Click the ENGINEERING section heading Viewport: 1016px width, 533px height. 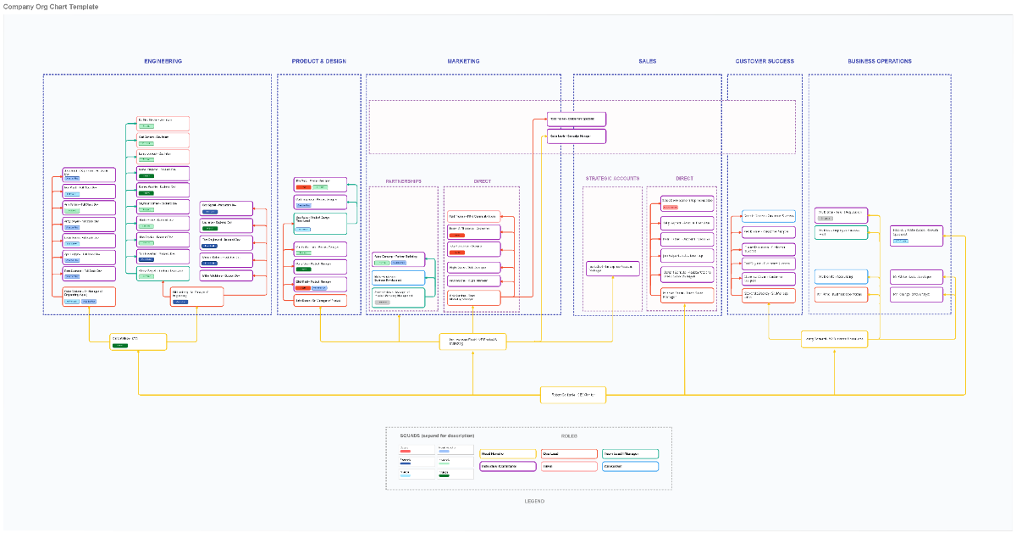pyautogui.click(x=163, y=61)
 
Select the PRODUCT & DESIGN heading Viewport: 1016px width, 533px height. pyautogui.click(x=319, y=61)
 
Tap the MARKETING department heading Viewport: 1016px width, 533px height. pyautogui.click(x=463, y=61)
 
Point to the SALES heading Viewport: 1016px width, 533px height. pyautogui.click(x=647, y=61)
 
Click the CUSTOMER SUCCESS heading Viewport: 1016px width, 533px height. pyautogui.click(x=765, y=61)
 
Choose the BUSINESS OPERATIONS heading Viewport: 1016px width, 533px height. pyautogui.click(x=880, y=61)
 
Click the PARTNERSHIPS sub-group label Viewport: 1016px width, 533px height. pyautogui.click(x=403, y=181)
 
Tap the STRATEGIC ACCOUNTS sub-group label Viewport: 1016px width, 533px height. pyautogui.click(x=612, y=179)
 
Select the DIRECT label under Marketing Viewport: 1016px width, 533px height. pyautogui.click(x=482, y=181)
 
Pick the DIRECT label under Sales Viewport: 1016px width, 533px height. pyautogui.click(x=684, y=179)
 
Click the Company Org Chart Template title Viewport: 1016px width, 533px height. pyautogui.click(x=51, y=7)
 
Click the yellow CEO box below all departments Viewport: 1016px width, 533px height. pyautogui.click(x=573, y=394)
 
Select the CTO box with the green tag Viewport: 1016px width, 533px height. pyautogui.click(x=138, y=341)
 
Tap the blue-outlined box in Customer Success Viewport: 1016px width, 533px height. pyautogui.click(x=769, y=216)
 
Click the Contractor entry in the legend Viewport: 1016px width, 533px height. pyautogui.click(x=630, y=466)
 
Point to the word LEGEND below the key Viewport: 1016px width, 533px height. pyautogui.click(x=534, y=501)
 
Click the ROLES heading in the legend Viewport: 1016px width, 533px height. pyautogui.click(x=569, y=436)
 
